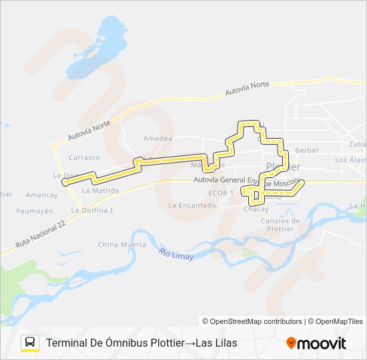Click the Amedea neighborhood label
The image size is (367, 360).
tap(157, 139)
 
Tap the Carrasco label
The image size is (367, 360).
tap(83, 158)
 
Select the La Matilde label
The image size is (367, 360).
tap(100, 190)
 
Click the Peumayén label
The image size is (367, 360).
tap(35, 211)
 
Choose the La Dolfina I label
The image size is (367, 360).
tap(93, 211)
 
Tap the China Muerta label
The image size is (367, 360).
tap(121, 245)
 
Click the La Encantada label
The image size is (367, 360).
tap(192, 205)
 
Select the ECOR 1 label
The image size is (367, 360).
tap(220, 193)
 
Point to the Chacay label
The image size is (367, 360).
tap(256, 209)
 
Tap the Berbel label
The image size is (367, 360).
tap(306, 151)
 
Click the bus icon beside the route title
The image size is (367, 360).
tap(30, 343)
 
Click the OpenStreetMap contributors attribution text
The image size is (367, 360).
tap(256, 321)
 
